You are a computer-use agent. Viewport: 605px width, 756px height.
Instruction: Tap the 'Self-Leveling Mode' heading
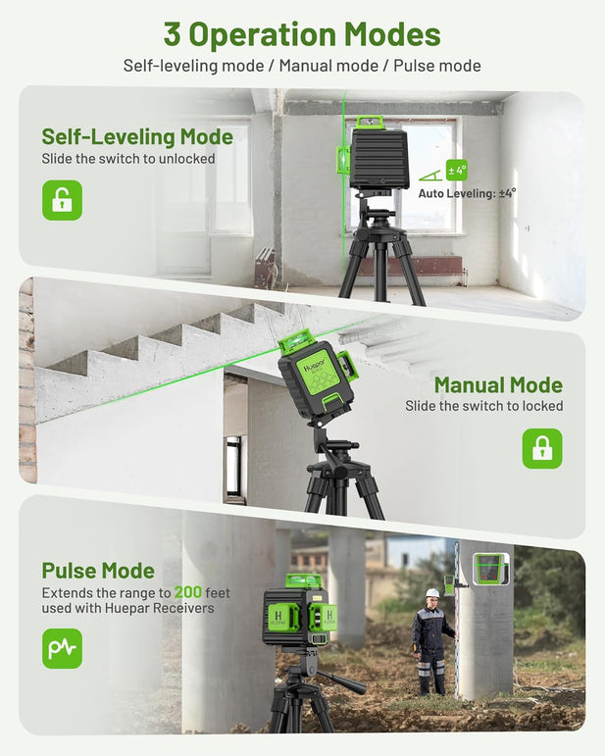(137, 136)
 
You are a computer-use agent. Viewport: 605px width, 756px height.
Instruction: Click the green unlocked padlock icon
(62, 200)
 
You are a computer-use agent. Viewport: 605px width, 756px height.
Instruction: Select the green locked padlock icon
(541, 448)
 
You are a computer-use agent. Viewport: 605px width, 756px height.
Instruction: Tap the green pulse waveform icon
(62, 648)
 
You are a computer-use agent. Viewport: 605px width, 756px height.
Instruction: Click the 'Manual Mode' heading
(498, 385)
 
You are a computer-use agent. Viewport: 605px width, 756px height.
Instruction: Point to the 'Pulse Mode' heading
(98, 571)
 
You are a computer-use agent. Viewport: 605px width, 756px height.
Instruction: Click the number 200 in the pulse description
(189, 592)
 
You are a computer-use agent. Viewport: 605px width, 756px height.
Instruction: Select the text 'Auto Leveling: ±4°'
(467, 194)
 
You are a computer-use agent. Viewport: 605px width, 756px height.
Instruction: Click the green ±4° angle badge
(457, 170)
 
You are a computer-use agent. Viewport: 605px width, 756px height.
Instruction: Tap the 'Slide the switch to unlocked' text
(128, 158)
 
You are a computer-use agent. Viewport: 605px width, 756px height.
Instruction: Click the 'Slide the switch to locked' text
(484, 406)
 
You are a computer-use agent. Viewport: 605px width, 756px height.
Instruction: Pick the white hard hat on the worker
(432, 593)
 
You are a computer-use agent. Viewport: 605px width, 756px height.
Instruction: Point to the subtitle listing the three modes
(302, 66)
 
